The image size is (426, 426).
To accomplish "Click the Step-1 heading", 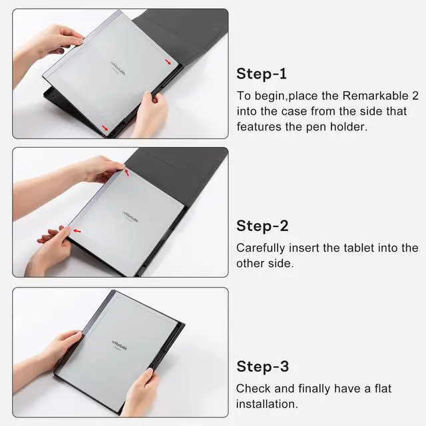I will [262, 73].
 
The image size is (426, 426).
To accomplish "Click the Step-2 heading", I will [262, 226].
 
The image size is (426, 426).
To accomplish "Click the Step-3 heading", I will [262, 366].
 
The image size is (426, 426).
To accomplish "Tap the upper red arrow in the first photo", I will [170, 62].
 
